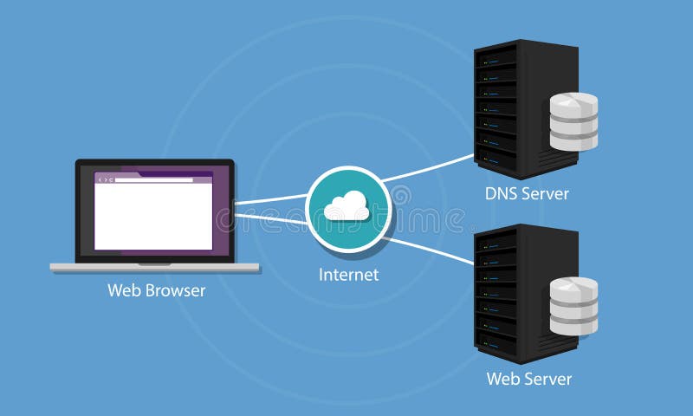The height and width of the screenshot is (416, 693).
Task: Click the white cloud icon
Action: (x=346, y=206)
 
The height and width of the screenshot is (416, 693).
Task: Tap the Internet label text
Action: (x=348, y=276)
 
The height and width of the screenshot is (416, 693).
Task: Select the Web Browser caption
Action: (x=156, y=291)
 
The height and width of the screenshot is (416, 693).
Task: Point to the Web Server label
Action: (x=528, y=379)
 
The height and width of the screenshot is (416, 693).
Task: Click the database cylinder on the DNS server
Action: (x=573, y=121)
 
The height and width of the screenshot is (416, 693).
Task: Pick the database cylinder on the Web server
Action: (x=573, y=306)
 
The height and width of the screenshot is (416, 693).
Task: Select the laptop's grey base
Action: (x=154, y=268)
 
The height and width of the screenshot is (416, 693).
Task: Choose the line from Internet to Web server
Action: (x=429, y=247)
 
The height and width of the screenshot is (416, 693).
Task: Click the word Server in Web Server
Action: (x=549, y=379)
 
